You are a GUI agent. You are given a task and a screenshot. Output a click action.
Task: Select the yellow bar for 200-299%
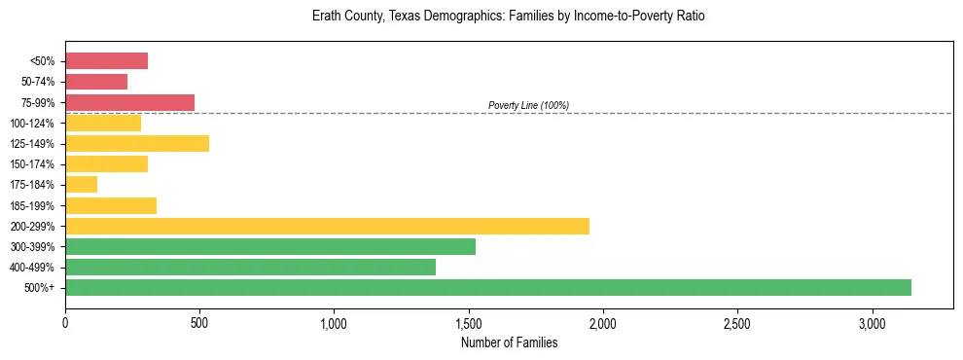pyautogui.click(x=327, y=226)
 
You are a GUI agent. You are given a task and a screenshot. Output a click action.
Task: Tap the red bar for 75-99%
pyautogui.click(x=129, y=102)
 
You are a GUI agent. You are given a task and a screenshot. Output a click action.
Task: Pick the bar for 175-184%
pyautogui.click(x=82, y=184)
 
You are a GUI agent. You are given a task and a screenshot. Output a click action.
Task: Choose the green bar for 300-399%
pyautogui.click(x=270, y=246)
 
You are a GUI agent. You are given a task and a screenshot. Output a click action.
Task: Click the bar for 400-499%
pyautogui.click(x=250, y=267)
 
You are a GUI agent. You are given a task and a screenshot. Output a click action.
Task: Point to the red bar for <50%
pyautogui.click(x=106, y=61)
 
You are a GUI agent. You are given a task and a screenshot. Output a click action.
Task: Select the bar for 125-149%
pyautogui.click(x=137, y=143)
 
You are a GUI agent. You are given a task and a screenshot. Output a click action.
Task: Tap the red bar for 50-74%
pyautogui.click(x=96, y=82)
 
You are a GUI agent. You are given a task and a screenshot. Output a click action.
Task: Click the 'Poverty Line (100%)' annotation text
pyautogui.click(x=528, y=105)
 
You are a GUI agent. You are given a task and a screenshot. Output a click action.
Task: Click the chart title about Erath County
pyautogui.click(x=509, y=17)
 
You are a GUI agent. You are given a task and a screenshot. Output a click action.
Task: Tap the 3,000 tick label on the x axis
pyautogui.click(x=873, y=322)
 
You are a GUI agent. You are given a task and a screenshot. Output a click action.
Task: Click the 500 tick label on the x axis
pyautogui.click(x=199, y=322)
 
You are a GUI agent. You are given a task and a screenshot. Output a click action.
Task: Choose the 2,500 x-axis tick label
pyautogui.click(x=737, y=322)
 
